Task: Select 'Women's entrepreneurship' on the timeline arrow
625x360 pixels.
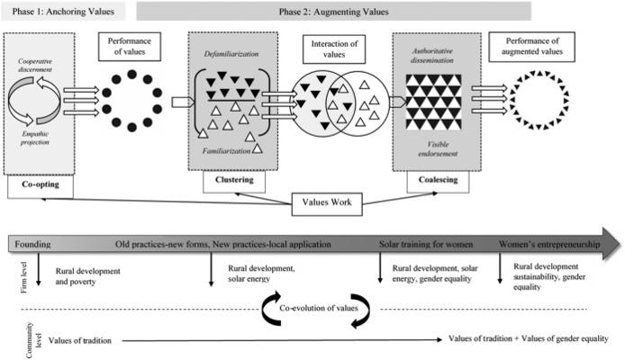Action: (549, 244)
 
